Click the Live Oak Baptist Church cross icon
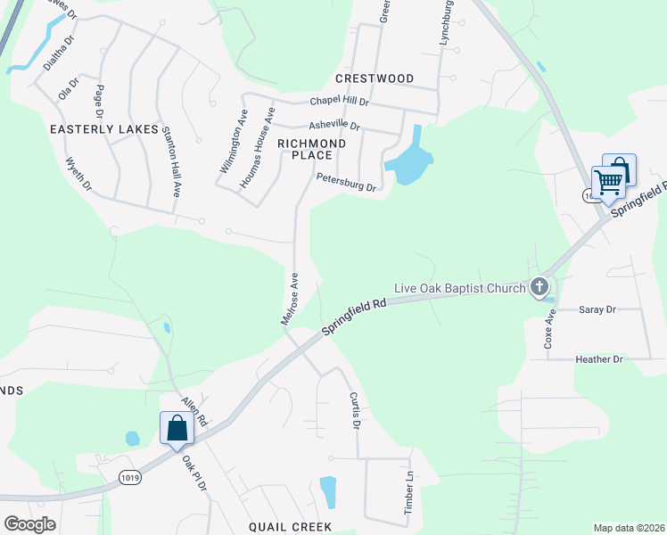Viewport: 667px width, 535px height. tap(539, 287)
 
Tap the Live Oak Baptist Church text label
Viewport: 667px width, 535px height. tap(459, 288)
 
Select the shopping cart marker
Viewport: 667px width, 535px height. tap(608, 184)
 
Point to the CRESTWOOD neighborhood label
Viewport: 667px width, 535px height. tap(375, 78)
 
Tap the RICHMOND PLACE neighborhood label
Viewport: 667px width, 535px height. tap(311, 149)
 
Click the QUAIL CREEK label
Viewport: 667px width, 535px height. tap(291, 527)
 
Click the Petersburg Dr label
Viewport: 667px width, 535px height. tap(346, 183)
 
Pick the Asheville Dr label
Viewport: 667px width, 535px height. tap(333, 126)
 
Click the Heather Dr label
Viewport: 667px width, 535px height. tap(598, 358)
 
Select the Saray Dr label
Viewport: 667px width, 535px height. tap(597, 309)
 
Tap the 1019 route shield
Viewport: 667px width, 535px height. tap(128, 477)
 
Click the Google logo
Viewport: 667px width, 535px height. tap(30, 523)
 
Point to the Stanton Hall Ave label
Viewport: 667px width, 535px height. tap(171, 161)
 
